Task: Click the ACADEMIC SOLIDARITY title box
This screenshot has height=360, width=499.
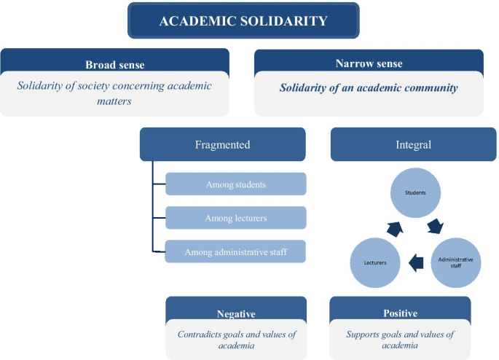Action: (243, 20)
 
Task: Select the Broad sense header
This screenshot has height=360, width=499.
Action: (114, 65)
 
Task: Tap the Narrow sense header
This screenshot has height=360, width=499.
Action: (369, 63)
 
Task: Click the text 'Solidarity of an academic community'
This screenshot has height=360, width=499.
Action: (369, 88)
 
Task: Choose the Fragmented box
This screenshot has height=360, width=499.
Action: (222, 144)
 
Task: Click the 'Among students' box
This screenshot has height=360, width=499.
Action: (235, 184)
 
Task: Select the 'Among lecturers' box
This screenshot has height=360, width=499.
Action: (235, 218)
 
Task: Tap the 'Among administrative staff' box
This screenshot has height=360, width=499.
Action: (235, 251)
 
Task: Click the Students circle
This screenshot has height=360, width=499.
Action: (415, 193)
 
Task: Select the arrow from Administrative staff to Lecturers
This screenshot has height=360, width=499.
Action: (417, 262)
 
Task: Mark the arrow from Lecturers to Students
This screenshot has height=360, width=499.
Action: (395, 228)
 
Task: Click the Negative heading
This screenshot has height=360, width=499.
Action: (235, 313)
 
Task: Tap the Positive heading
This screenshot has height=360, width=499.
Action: (400, 313)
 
